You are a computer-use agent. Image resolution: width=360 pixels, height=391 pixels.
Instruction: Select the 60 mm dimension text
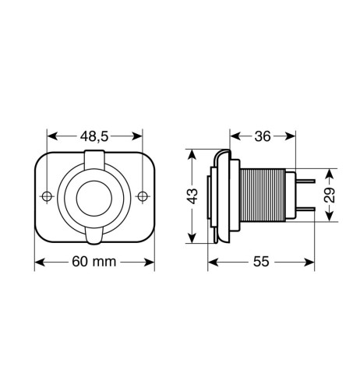(94, 262)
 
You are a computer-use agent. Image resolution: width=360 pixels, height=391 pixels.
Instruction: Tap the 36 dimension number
(263, 136)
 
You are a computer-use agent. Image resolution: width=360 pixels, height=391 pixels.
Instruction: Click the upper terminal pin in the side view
(305, 182)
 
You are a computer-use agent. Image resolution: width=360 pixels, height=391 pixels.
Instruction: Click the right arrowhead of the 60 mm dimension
(151, 262)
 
